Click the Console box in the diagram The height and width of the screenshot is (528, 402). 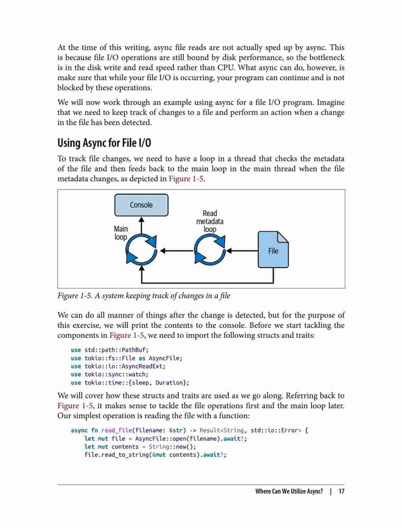(141, 205)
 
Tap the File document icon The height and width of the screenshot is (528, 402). (273, 250)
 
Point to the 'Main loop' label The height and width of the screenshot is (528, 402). (120, 233)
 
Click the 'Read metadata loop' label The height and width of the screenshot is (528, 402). (210, 221)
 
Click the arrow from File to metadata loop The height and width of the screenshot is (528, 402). (242, 251)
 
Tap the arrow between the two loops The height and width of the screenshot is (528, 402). (176, 251)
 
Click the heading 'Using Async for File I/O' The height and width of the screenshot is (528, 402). (104, 143)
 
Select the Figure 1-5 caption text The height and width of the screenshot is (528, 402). (144, 296)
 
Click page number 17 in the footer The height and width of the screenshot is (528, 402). (341, 491)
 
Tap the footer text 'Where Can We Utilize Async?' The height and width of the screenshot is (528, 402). (289, 491)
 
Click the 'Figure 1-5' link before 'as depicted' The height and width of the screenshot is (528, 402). (186, 178)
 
